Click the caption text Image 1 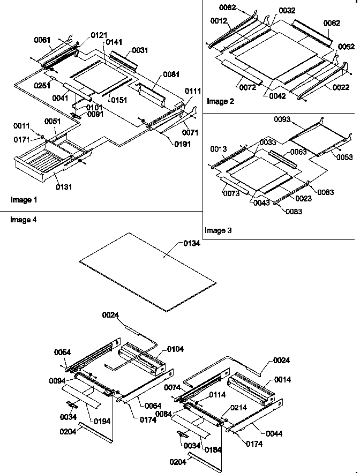[x=24, y=200]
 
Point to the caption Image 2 [x=220, y=101]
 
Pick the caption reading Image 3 [x=218, y=230]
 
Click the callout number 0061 [x=42, y=40]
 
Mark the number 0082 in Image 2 [x=227, y=7]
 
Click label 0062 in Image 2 [x=332, y=23]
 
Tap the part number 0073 [x=231, y=193]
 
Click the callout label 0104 [x=175, y=349]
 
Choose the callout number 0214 [x=239, y=408]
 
